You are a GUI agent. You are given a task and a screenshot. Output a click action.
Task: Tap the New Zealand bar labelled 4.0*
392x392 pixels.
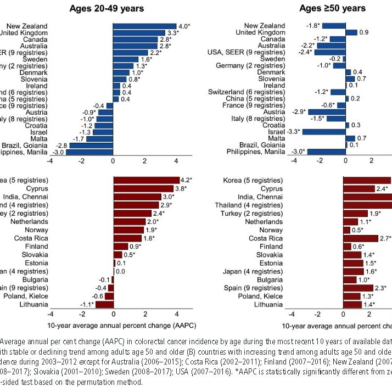[144, 26]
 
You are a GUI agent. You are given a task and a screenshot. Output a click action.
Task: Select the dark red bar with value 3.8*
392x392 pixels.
[144, 187]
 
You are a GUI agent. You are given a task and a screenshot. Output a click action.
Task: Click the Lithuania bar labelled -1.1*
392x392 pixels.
[104, 304]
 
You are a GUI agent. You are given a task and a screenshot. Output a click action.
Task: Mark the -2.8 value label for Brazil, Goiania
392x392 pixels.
[60, 145]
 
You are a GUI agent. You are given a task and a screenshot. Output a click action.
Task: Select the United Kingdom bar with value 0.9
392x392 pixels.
[351, 32]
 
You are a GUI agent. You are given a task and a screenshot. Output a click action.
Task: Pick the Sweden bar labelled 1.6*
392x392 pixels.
[125, 59]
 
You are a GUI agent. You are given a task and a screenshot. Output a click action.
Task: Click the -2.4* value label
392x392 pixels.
[305, 53]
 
